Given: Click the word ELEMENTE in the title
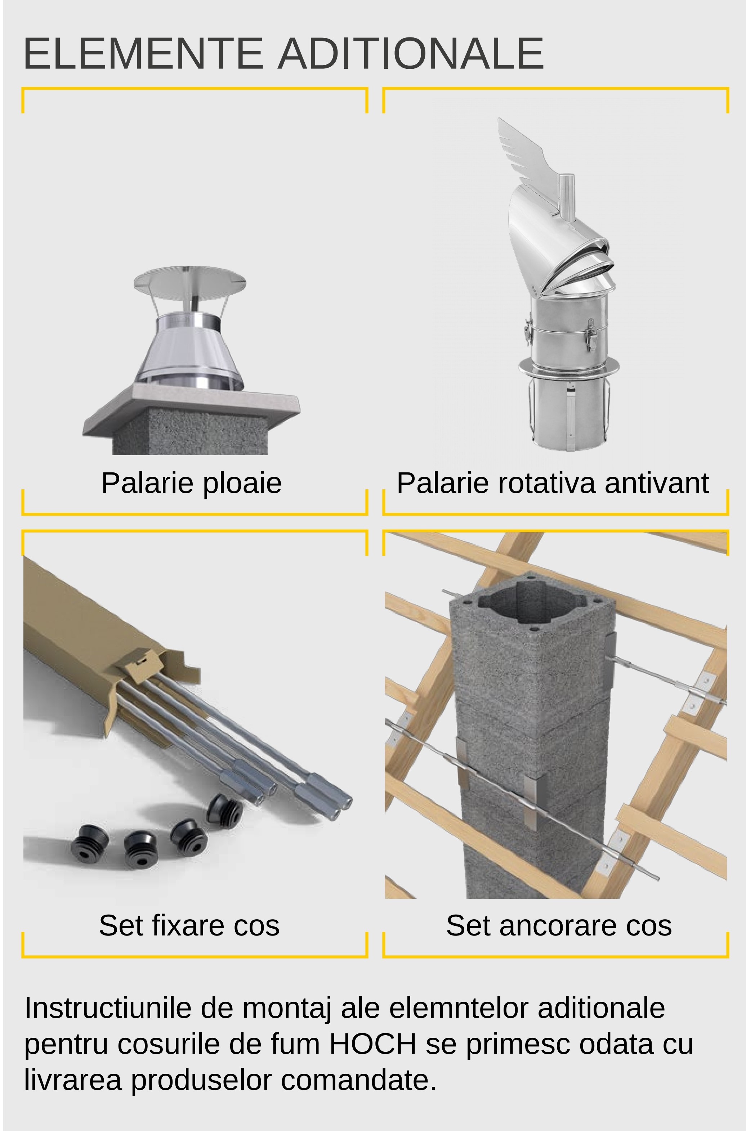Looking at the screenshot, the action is click(143, 53).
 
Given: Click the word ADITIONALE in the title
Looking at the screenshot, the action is click(411, 53).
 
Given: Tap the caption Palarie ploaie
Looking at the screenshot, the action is click(191, 483).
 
